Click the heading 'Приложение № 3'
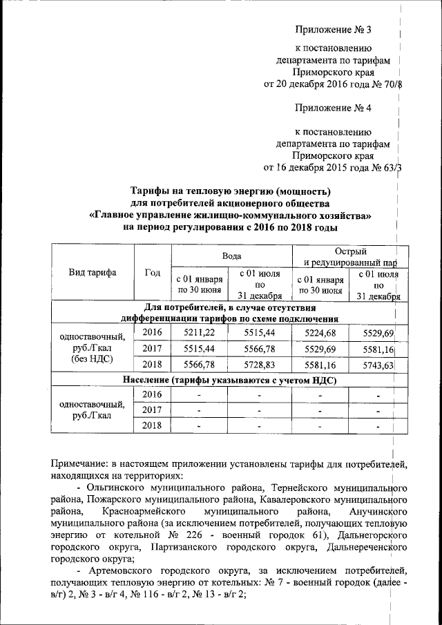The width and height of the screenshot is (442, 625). (333, 30)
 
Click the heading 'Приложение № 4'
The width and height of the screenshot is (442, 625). (333, 107)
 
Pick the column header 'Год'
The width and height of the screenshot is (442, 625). (152, 272)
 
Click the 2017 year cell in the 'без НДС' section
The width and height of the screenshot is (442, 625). (152, 349)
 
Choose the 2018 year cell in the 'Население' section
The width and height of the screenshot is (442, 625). (152, 425)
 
